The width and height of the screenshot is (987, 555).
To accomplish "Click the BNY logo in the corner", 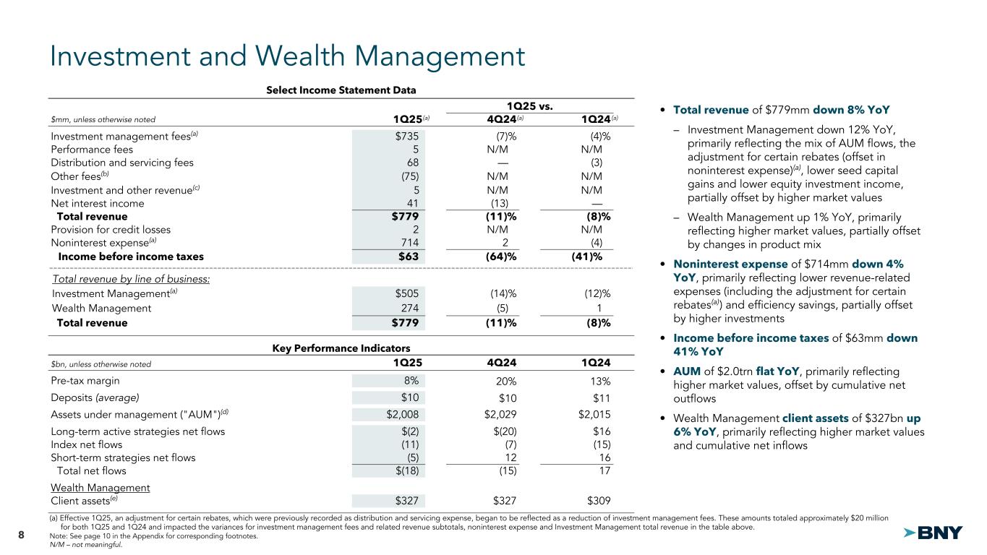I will tap(933, 533).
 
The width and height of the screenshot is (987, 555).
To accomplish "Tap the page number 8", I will tap(21, 535).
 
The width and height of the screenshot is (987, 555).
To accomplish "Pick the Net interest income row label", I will tap(98, 203).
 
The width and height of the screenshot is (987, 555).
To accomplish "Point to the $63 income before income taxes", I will tap(407, 256).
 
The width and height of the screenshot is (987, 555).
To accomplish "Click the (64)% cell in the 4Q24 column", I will tap(500, 256).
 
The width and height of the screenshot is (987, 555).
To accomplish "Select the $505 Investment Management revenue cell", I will tap(407, 293).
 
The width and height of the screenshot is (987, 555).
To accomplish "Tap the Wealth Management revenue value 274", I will tap(409, 308).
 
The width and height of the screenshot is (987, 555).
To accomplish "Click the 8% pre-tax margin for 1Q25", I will tap(410, 381).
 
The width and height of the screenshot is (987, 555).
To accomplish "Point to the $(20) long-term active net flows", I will tap(503, 431).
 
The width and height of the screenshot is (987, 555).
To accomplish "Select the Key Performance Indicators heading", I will tap(341, 348).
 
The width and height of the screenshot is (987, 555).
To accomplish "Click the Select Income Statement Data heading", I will tap(341, 90).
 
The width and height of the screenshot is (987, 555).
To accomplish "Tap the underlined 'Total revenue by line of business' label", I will tap(131, 278).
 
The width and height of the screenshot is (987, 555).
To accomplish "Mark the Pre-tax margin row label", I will tap(85, 381).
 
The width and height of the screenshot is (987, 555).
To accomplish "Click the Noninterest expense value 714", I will tap(409, 243).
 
